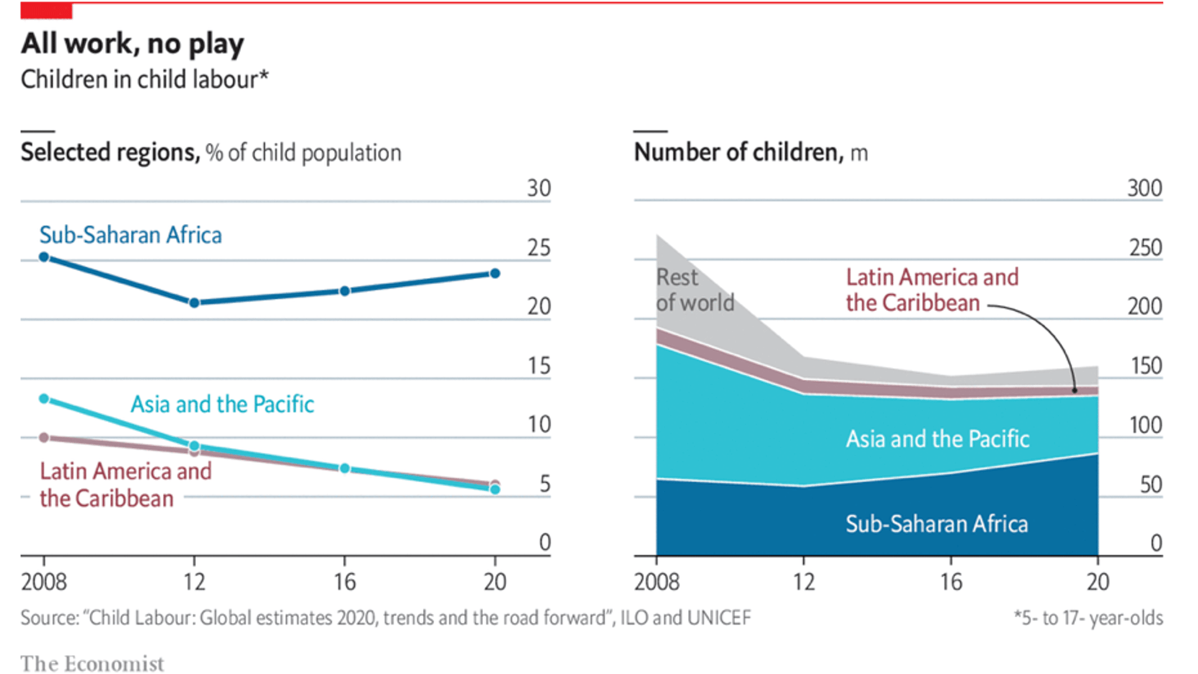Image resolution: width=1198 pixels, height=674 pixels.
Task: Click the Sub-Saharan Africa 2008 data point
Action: coord(44,256)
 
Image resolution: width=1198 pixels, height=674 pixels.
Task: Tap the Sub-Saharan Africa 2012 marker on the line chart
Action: coord(194,303)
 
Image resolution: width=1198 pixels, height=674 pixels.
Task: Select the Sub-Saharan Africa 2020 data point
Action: coord(495,273)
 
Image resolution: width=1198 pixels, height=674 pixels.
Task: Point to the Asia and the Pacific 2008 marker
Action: coord(44,398)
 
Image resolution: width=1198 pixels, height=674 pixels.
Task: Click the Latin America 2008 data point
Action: coord(44,437)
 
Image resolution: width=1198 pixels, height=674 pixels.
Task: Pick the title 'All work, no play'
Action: coord(132,44)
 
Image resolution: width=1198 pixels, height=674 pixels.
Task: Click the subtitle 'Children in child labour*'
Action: coord(144,80)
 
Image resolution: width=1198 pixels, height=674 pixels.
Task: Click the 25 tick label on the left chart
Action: coord(538,248)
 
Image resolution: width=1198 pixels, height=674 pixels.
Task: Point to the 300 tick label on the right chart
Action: coord(1144,188)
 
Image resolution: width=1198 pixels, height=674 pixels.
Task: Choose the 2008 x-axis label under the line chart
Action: coord(44,582)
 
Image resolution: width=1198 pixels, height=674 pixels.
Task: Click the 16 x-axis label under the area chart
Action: coord(951,582)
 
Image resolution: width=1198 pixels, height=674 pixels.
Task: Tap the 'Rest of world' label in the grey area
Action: coord(694,290)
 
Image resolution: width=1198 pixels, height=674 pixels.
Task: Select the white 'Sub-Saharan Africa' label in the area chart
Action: coord(936,524)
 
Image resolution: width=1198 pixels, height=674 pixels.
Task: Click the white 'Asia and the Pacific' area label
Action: coord(937,439)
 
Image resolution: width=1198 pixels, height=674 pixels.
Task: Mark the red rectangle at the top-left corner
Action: coord(46,11)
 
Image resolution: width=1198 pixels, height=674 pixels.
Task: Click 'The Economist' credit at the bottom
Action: coord(92,663)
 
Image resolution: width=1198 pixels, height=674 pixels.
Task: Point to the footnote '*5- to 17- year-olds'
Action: coord(1088,618)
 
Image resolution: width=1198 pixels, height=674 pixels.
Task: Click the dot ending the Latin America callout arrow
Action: coord(1074,391)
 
